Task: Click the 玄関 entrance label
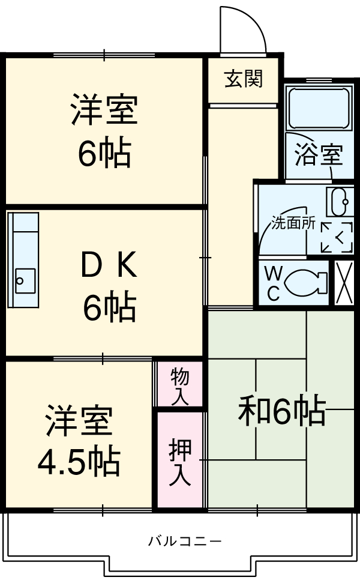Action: click(x=244, y=79)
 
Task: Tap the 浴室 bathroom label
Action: click(x=319, y=155)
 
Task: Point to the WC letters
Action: click(x=273, y=283)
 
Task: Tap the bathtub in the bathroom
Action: click(x=319, y=107)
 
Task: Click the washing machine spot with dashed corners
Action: click(x=336, y=237)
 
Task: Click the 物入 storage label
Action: click(x=179, y=386)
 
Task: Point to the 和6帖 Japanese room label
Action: click(x=282, y=411)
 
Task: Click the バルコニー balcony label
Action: click(x=185, y=541)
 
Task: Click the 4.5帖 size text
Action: click(x=79, y=461)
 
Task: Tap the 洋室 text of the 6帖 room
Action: click(x=104, y=111)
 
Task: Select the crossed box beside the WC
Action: click(x=344, y=283)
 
